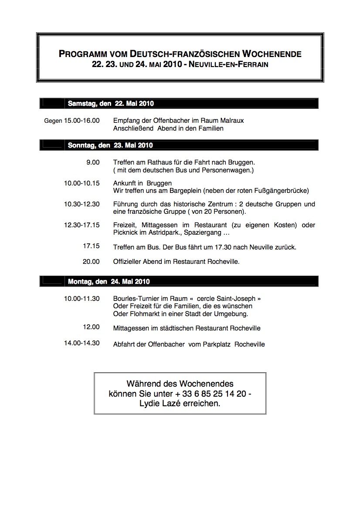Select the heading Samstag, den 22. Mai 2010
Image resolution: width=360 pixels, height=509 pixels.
(111, 104)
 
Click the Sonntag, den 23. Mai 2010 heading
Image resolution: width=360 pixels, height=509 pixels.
(110, 145)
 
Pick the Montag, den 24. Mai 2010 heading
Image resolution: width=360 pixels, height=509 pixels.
(109, 281)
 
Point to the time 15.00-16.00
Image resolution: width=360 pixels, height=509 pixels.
(82, 120)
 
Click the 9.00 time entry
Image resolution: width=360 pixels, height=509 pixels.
(93, 162)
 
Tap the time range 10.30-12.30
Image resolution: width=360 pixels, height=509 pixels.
(82, 204)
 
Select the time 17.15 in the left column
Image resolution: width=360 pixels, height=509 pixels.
(91, 246)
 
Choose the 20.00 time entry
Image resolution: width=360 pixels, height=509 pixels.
(91, 262)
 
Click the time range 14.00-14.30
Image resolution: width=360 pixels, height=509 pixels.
(82, 343)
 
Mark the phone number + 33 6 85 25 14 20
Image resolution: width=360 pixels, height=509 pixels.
(212, 394)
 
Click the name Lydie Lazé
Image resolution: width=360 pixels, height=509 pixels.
(156, 404)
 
